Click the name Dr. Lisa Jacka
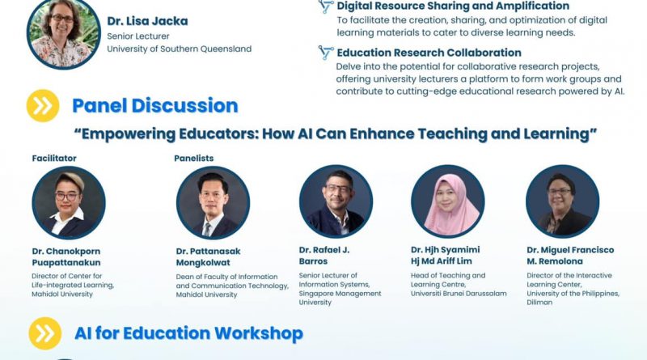(147, 21)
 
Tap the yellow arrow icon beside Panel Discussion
(43, 106)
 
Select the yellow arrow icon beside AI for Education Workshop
(45, 333)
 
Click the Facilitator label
(54, 158)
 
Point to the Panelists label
(194, 158)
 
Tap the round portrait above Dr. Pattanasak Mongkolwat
(213, 203)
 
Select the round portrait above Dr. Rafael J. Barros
(336, 201)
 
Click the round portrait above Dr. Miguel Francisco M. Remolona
(562, 201)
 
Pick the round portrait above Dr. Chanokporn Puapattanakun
(69, 203)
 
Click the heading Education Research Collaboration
(429, 53)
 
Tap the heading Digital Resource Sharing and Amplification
(453, 6)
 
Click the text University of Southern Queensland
(179, 49)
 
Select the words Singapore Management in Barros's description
(340, 294)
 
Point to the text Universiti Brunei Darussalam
(459, 294)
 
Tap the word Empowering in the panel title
(128, 134)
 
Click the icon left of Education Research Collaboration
(326, 53)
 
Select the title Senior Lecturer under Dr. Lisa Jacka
(138, 36)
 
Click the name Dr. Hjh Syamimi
(446, 250)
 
